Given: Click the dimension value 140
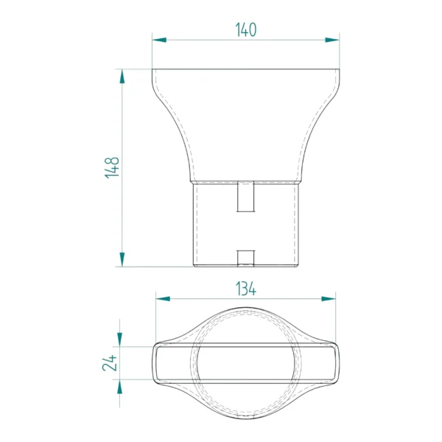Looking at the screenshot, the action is [246, 30].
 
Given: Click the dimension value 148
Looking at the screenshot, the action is [112, 167].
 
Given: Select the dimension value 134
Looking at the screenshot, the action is [246, 289].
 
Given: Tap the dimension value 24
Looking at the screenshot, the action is [109, 362].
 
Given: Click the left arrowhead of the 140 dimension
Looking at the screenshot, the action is [159, 40].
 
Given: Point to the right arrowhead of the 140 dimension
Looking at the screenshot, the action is [332, 40].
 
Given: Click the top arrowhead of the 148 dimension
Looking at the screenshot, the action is [122, 77].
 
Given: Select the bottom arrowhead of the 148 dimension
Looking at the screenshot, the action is [122, 259].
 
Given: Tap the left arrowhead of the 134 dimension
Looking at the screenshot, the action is [163, 299].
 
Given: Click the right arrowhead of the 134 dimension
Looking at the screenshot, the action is [329, 299].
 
